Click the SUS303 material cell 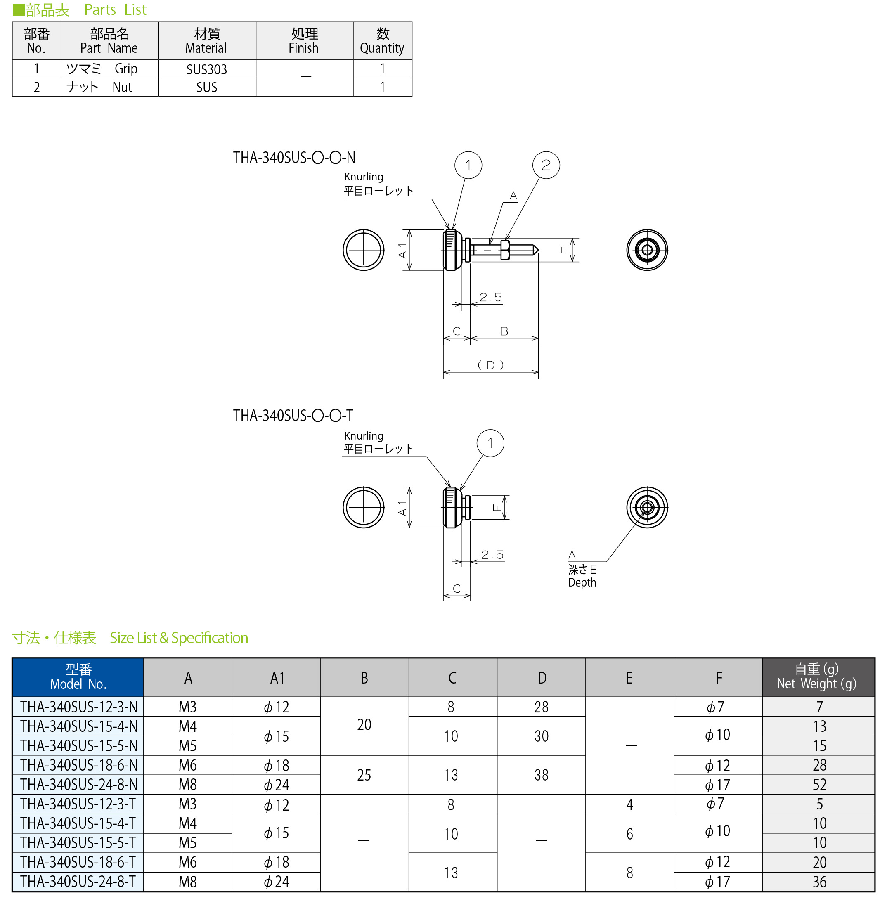tap(207, 69)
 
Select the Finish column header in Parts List tap(304, 41)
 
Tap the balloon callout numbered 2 tap(546, 165)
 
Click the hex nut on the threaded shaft tap(504, 250)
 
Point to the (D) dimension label tap(490, 365)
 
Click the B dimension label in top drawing tap(504, 331)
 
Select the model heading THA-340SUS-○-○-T tap(293, 415)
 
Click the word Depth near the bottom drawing tap(582, 582)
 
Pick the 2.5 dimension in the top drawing tap(491, 297)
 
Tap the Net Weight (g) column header tap(818, 677)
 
